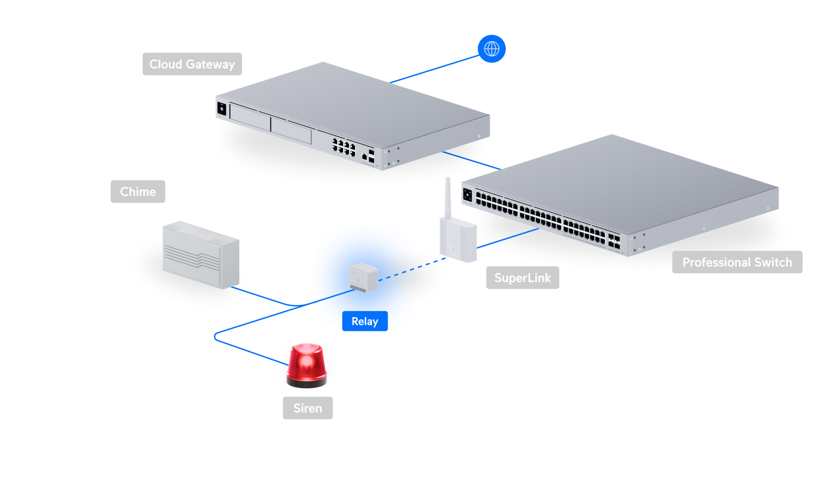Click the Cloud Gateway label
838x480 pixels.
(x=192, y=64)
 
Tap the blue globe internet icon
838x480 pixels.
(x=492, y=48)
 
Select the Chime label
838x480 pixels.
(x=137, y=192)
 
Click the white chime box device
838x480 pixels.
(x=201, y=254)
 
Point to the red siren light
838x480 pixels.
(x=306, y=362)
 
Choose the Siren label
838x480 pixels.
(x=307, y=408)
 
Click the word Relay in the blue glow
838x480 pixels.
(x=365, y=321)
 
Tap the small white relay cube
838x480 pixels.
(x=363, y=278)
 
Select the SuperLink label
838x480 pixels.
(x=522, y=278)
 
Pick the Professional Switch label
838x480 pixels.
(x=737, y=262)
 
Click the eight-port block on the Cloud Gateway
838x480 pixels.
(x=343, y=147)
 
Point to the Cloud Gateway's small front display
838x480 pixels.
(x=222, y=109)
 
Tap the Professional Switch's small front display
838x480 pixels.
(x=467, y=194)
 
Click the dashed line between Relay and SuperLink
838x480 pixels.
(x=414, y=268)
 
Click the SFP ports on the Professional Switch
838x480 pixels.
(x=614, y=241)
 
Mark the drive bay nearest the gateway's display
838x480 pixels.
(x=250, y=117)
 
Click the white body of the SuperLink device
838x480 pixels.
(x=458, y=240)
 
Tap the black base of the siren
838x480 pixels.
(x=306, y=383)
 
